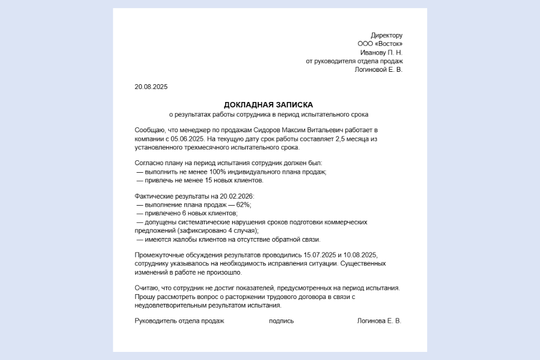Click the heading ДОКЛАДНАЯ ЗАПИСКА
point(268,105)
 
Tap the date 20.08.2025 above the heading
point(151,87)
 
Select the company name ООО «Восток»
point(380,44)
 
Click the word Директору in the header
point(387,35)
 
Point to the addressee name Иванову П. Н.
point(381,52)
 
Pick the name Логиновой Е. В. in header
point(379,70)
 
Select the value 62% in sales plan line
point(243,205)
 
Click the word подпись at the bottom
point(281,321)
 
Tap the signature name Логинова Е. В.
point(379,321)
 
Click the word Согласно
point(150,163)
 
